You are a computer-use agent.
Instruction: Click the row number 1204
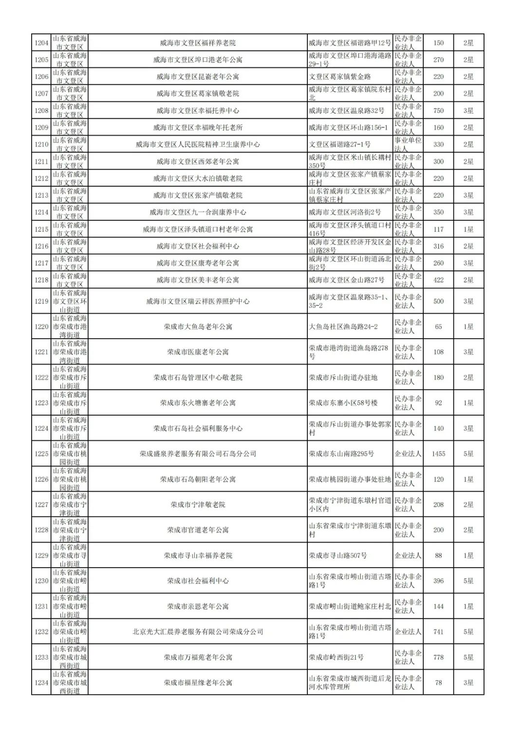[x=41, y=43]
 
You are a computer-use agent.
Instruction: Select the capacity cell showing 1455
[x=438, y=454]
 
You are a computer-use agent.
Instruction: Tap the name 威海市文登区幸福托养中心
[x=198, y=111]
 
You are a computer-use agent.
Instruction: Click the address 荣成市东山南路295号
[x=341, y=454]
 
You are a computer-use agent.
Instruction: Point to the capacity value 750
[x=438, y=111]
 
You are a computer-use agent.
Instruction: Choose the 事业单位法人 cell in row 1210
[x=408, y=144]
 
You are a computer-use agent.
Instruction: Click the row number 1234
[x=41, y=683]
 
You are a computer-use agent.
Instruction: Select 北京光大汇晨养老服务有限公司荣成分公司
[x=198, y=631]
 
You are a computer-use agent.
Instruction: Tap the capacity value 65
[x=438, y=326]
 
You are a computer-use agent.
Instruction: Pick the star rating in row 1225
[x=468, y=454]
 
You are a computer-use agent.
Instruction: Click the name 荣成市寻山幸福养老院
[x=198, y=555]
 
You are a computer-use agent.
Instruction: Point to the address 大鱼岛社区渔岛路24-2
[x=343, y=326]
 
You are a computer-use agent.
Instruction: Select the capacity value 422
[x=438, y=280]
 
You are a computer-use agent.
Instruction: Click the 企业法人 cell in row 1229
[x=408, y=555]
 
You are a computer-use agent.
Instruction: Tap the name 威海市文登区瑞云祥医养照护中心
[x=198, y=301]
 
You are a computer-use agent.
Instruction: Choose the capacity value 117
[x=438, y=229]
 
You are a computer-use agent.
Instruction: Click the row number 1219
[x=41, y=301]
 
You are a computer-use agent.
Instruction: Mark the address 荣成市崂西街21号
[x=336, y=657]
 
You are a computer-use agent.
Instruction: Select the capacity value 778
[x=438, y=657]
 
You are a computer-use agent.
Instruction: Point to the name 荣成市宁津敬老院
[x=198, y=505]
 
